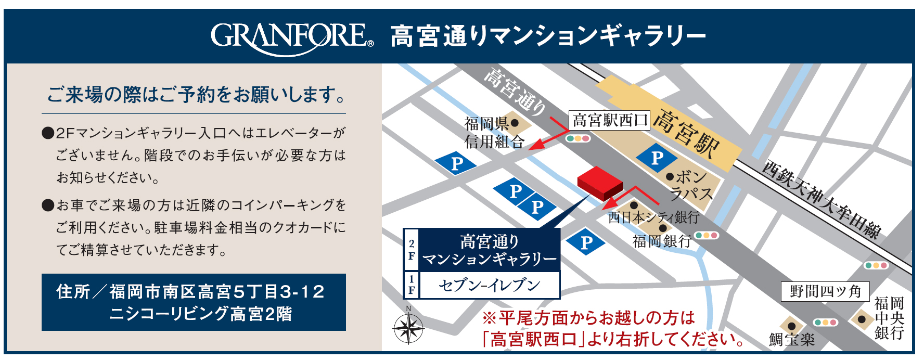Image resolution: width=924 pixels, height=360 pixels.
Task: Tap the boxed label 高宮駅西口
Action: click(x=609, y=121)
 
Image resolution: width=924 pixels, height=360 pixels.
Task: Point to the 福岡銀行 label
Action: click(x=661, y=241)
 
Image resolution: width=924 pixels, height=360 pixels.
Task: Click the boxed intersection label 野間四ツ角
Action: click(x=825, y=291)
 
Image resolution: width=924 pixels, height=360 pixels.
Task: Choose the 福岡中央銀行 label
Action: click(x=889, y=318)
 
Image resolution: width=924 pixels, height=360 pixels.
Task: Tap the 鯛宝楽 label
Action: click(x=791, y=340)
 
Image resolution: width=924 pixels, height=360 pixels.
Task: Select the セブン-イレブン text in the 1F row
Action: click(x=489, y=285)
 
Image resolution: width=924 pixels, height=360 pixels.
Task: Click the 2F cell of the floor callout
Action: click(x=412, y=250)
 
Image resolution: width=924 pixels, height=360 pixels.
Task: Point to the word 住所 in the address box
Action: click(x=73, y=292)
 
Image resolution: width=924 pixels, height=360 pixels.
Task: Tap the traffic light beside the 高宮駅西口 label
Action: click(x=578, y=139)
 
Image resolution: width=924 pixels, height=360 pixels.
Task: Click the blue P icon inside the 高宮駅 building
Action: click(x=657, y=158)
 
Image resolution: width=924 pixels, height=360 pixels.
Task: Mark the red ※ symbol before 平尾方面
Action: click(x=489, y=318)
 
